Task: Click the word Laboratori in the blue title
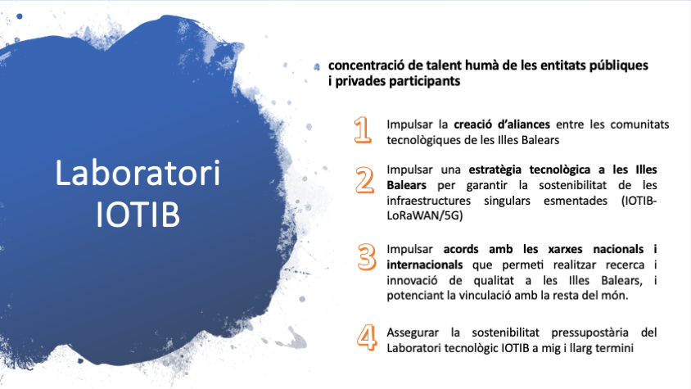coord(138,173)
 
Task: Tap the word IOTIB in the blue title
coord(138,215)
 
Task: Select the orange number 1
coord(363,129)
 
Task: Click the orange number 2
coord(365,180)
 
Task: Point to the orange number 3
coord(367,256)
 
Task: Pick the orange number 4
coord(367,337)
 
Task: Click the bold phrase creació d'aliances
coord(502,124)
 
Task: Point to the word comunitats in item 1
coord(639,124)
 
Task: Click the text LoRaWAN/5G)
coord(425,215)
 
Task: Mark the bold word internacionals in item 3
coord(425,265)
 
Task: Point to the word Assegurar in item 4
coord(413,332)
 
